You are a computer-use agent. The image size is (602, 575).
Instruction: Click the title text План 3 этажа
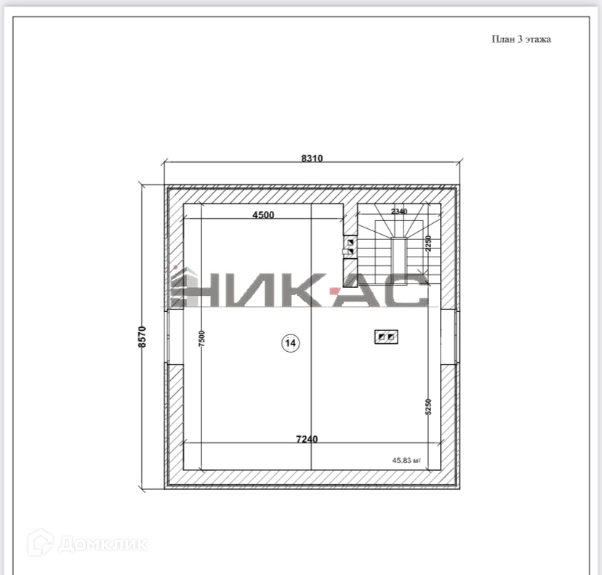[521, 39]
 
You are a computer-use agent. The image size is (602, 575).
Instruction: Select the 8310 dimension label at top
[312, 158]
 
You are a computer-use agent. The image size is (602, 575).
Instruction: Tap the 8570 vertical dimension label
[142, 337]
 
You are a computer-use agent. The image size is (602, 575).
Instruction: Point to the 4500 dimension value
[263, 214]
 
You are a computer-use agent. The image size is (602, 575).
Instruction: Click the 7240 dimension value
[307, 439]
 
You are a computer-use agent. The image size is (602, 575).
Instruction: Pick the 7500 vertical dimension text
[202, 338]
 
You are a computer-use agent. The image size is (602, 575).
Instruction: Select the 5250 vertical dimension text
[428, 407]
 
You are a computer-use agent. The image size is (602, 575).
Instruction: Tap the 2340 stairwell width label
[399, 211]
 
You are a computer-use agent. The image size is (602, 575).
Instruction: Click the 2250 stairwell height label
[429, 244]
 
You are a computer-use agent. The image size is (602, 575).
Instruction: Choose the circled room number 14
[291, 343]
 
